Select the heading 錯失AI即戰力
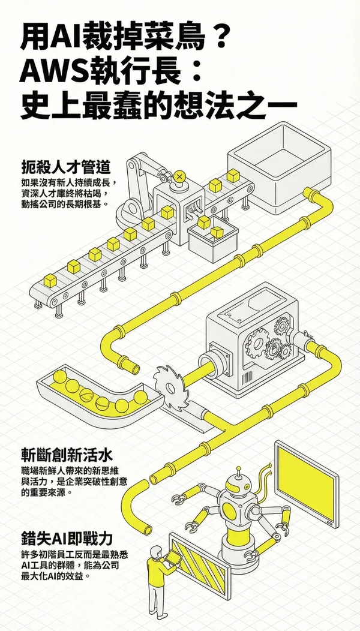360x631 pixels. click(65, 536)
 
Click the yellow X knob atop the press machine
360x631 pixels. click(179, 176)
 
